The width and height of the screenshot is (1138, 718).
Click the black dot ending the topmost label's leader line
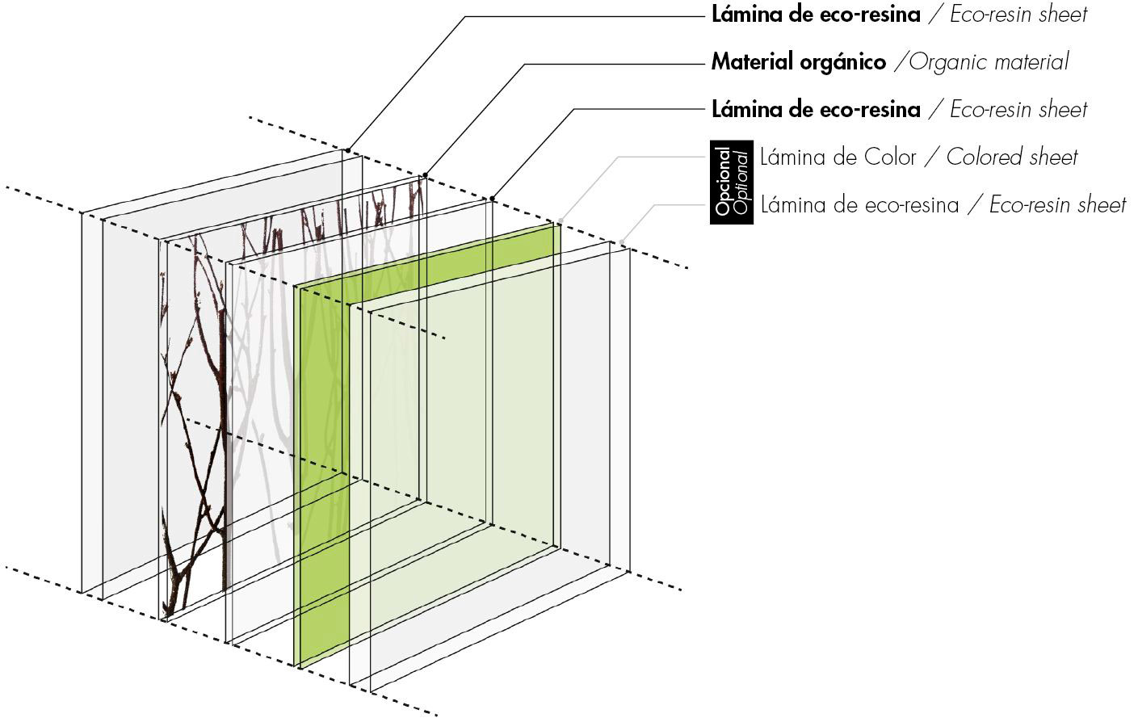[347, 150]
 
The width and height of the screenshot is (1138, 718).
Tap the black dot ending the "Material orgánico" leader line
[425, 175]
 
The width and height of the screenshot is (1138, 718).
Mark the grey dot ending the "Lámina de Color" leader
[561, 220]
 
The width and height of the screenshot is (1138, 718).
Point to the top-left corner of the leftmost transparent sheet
[82, 213]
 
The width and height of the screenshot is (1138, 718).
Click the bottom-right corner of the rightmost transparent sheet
[630, 572]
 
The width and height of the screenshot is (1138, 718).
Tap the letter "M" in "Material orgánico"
[721, 62]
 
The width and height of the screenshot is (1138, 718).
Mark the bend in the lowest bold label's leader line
[575, 109]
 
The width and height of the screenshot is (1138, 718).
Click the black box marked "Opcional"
[732, 182]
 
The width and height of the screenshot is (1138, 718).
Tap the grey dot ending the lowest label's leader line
[622, 241]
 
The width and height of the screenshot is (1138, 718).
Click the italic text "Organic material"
[988, 62]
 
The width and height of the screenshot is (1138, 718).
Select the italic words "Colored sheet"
[1011, 157]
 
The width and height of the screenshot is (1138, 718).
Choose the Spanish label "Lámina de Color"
[838, 157]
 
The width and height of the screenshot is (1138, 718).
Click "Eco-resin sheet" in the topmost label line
[1018, 15]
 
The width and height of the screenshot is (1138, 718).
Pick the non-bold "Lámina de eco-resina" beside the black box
[859, 205]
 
